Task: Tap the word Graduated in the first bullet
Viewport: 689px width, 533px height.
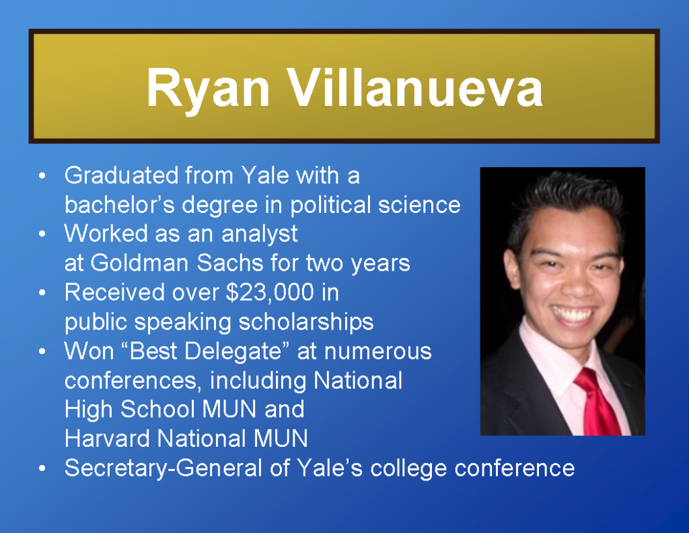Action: (x=121, y=175)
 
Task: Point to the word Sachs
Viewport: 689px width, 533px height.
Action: (x=229, y=263)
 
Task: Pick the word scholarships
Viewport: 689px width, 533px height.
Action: (x=306, y=322)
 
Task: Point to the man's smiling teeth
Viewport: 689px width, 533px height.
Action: (x=573, y=314)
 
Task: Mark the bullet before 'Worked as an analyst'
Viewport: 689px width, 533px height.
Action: (x=42, y=234)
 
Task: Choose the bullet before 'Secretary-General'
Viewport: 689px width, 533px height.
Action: (x=42, y=468)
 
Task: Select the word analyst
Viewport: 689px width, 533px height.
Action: (x=260, y=234)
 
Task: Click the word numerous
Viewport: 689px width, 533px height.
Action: (x=378, y=351)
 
